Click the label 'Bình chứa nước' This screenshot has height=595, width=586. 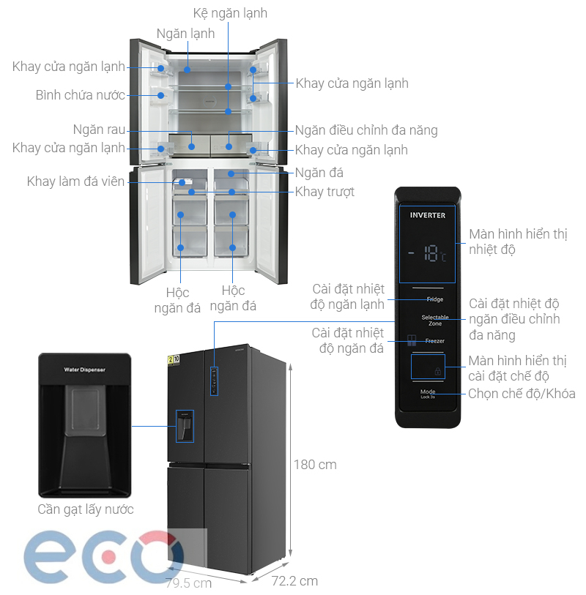tap(80, 95)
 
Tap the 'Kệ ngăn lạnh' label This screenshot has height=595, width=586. tap(230, 13)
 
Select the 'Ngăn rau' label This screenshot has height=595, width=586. tap(99, 130)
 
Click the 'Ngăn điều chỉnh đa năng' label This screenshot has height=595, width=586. tap(366, 130)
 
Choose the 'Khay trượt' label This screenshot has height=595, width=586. tap(324, 192)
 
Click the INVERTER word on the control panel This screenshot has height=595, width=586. tap(427, 215)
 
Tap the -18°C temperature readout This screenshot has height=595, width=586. tap(429, 254)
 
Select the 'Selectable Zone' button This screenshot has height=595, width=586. tap(434, 320)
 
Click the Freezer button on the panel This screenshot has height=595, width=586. tap(434, 341)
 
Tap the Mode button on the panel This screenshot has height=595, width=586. tap(428, 393)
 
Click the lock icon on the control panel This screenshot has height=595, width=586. tap(438, 372)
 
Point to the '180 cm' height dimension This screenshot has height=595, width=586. tap(315, 465)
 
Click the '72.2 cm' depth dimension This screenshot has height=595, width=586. tap(294, 581)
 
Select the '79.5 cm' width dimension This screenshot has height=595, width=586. tap(188, 583)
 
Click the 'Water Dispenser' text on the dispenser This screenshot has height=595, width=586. tap(84, 370)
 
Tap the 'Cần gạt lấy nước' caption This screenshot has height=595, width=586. tap(86, 509)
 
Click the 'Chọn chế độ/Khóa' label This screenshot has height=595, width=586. tap(522, 394)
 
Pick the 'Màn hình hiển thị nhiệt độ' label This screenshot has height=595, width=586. tap(518, 242)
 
